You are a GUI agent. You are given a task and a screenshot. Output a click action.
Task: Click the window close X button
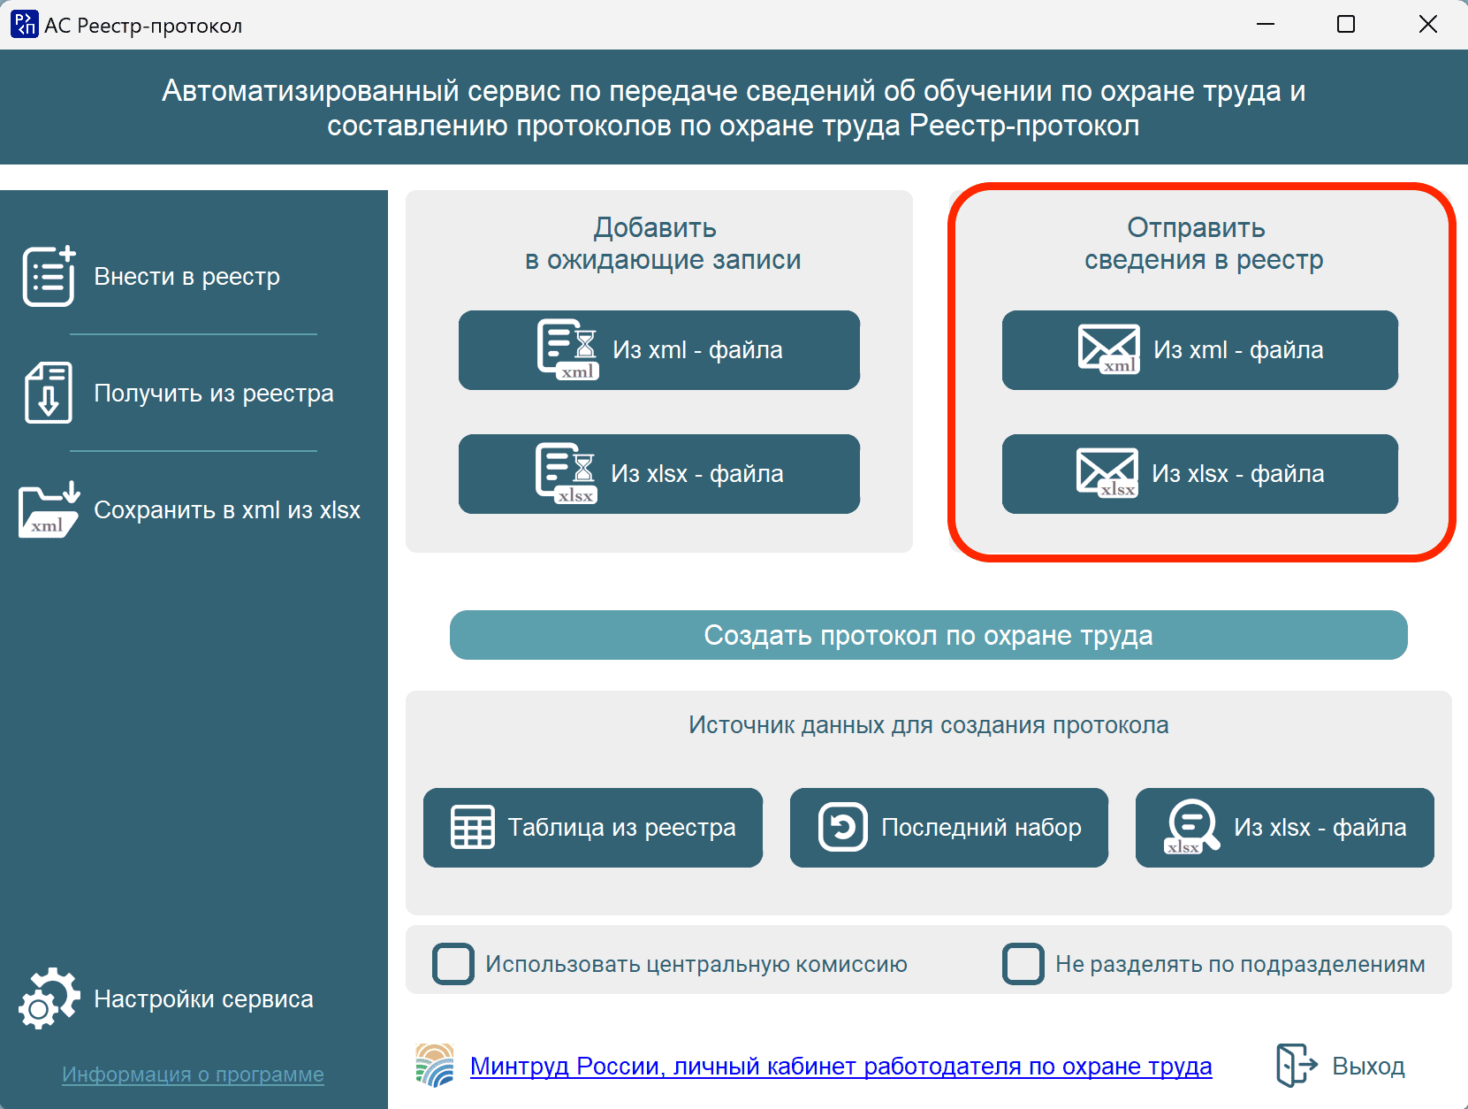tap(1427, 25)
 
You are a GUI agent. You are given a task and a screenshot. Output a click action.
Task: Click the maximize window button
tap(1346, 25)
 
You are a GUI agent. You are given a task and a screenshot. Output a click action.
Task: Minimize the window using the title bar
tap(1266, 25)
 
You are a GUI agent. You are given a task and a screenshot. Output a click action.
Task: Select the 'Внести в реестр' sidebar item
tap(150, 276)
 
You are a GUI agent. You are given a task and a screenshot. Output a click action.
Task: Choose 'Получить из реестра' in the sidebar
tap(178, 393)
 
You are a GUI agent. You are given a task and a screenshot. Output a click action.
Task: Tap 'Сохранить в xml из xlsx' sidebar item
tap(190, 510)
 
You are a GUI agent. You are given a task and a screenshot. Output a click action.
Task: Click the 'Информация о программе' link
tap(193, 1075)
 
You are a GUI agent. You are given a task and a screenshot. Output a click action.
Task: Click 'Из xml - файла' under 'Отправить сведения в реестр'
tap(1200, 350)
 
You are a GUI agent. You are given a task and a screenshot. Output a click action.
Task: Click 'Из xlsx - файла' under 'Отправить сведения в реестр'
tap(1200, 474)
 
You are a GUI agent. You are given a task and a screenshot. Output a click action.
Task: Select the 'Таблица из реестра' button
tap(592, 828)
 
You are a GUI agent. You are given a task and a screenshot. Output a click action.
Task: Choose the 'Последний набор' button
tap(948, 828)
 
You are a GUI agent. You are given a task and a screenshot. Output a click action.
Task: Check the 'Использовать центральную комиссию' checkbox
tap(453, 964)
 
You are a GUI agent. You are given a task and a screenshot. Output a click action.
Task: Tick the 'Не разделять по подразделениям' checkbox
tap(1023, 964)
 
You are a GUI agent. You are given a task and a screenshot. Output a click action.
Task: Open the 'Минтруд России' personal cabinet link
tap(840, 1067)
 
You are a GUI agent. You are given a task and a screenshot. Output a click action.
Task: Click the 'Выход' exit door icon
tap(1297, 1065)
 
